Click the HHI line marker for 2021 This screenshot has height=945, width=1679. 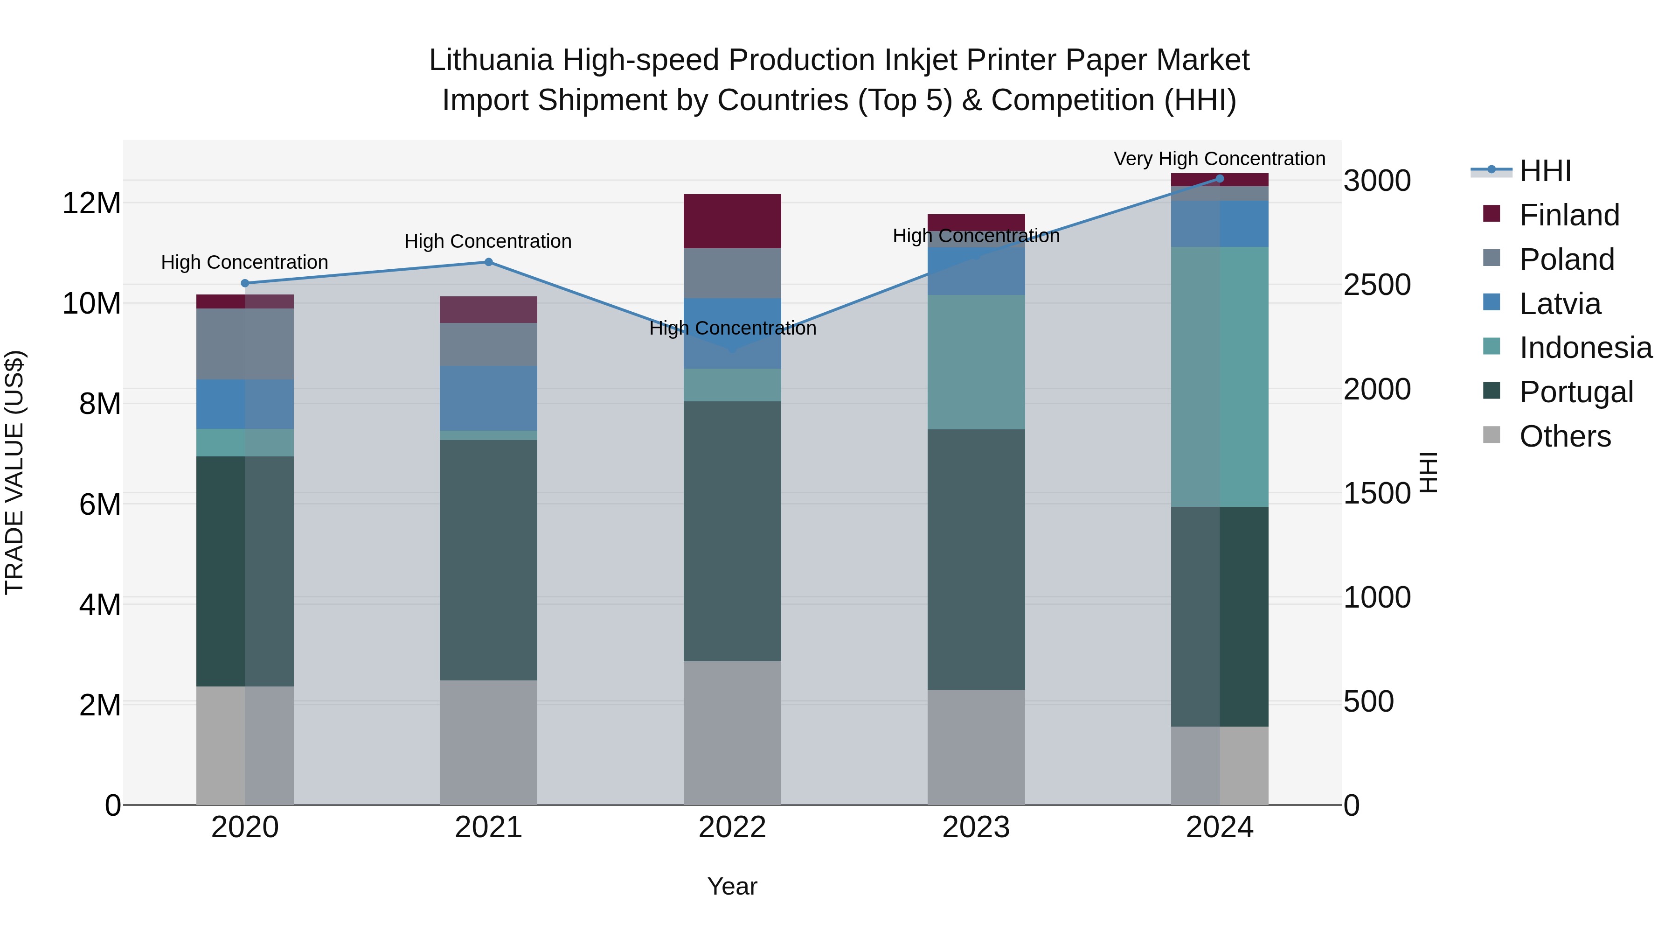[488, 262]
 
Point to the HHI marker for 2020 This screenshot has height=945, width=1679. [245, 283]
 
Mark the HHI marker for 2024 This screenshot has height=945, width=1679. [1220, 179]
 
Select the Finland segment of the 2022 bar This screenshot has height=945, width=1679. [732, 221]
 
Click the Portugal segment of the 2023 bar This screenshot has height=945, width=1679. [976, 559]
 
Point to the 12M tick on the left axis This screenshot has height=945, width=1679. [91, 203]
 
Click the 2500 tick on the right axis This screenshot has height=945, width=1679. [1377, 285]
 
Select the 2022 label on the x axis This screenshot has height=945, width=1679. [732, 827]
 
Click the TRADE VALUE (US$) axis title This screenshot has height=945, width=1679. [14, 472]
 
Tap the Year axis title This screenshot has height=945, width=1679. [732, 886]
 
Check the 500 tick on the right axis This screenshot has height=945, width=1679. [1369, 702]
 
